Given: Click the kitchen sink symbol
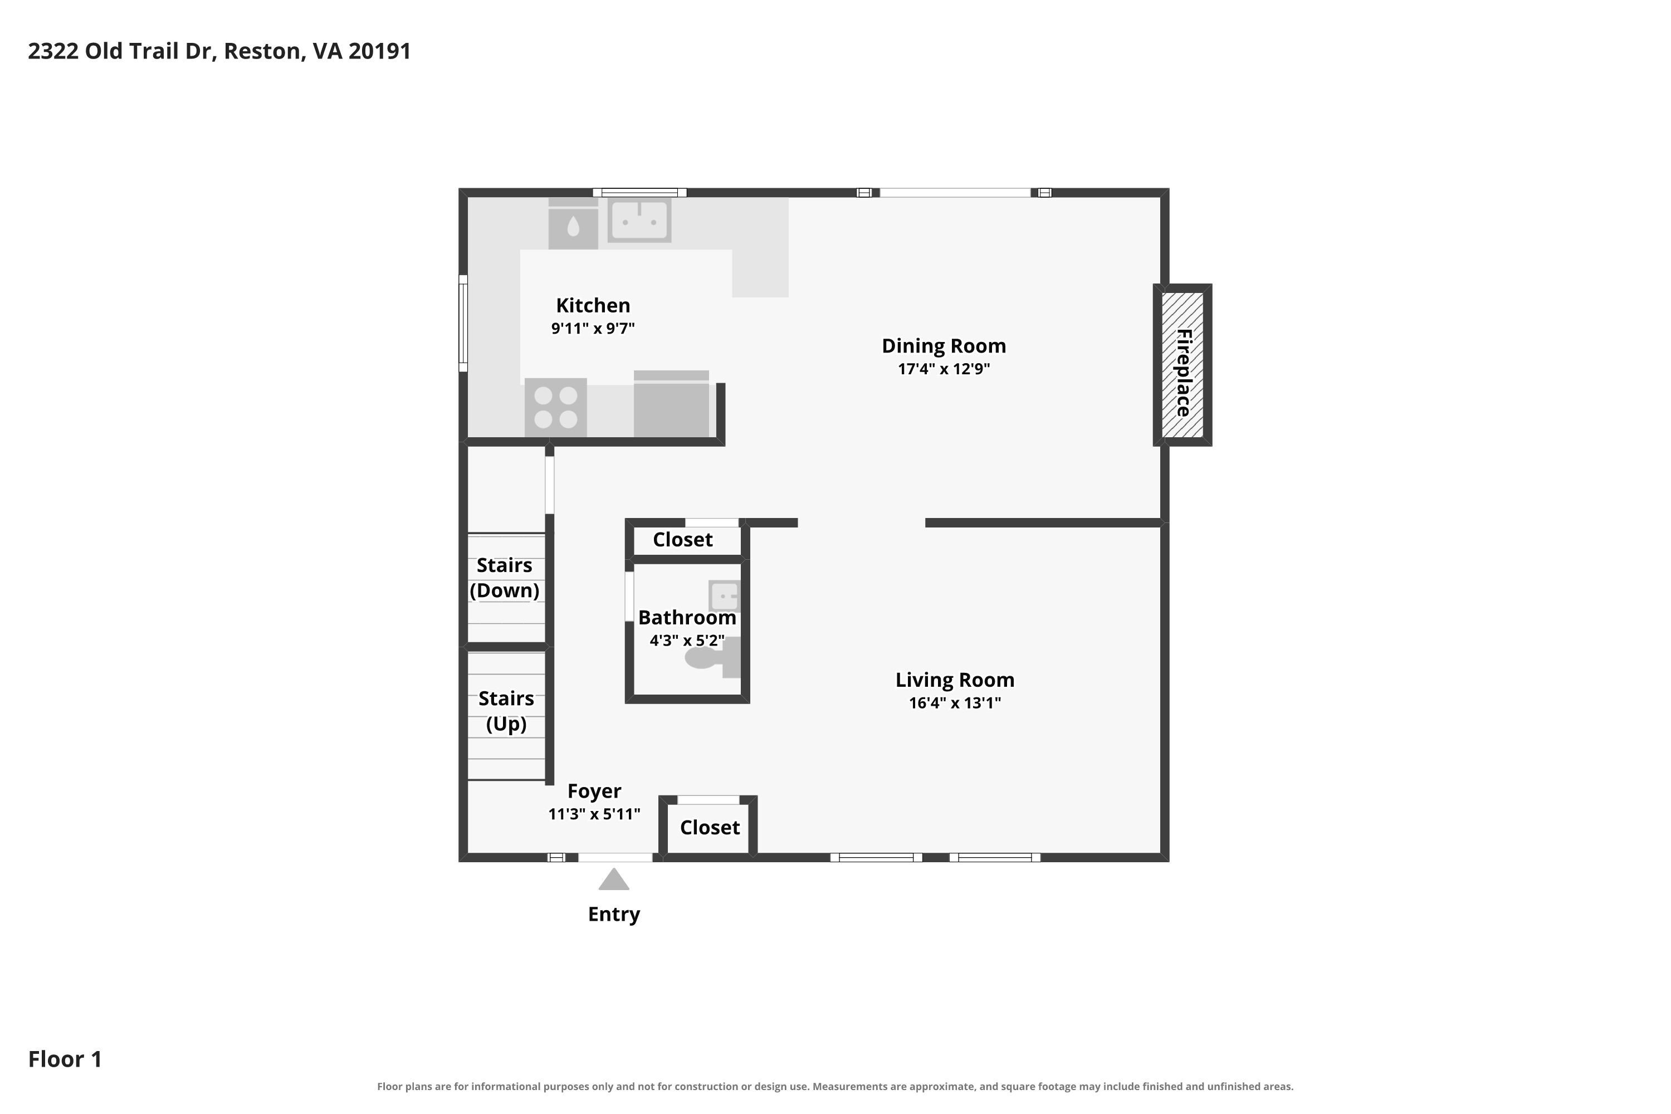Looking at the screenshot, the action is (639, 220).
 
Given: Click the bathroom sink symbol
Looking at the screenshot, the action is (725, 596).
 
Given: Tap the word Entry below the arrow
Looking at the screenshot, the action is (614, 915).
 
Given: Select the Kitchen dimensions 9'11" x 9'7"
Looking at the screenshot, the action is (593, 328).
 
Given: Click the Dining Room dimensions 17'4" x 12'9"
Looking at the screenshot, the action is (944, 369).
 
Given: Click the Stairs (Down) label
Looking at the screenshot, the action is (505, 578).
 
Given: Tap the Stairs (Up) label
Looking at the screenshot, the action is (506, 711).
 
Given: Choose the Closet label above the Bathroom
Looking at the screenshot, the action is (683, 540).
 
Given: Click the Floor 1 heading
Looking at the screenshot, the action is (65, 1059).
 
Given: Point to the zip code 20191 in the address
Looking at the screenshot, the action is (379, 51).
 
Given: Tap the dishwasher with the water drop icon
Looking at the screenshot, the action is (573, 224).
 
